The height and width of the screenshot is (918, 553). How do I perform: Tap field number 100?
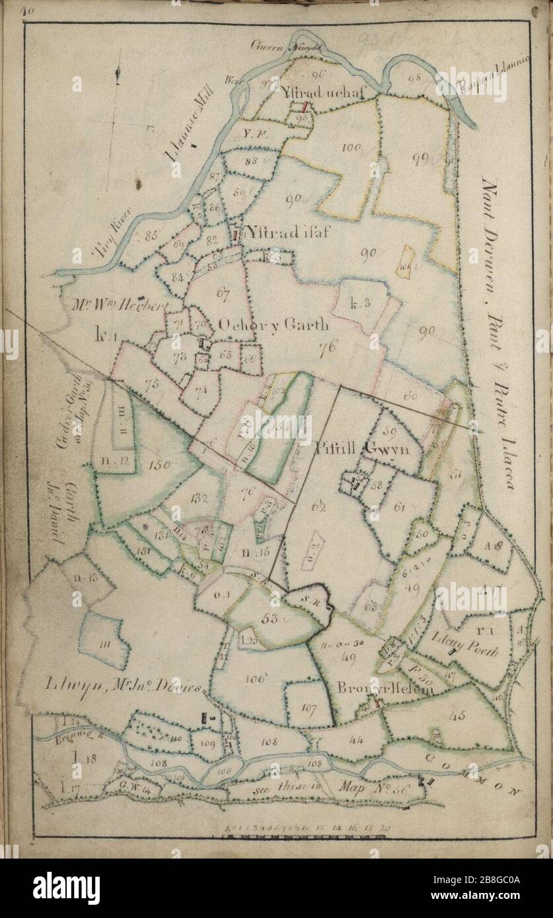(351, 147)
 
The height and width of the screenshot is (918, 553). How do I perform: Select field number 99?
(419, 156)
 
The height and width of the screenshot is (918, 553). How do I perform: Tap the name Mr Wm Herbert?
(124, 304)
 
